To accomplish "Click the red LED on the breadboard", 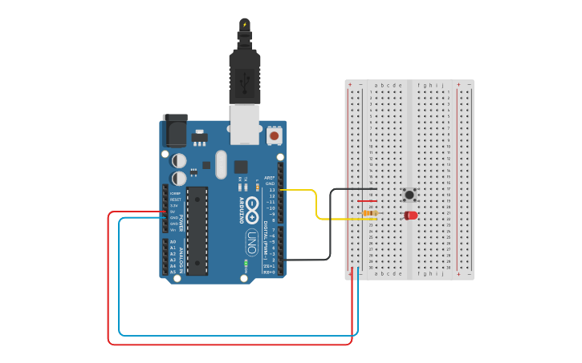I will [x=411, y=215].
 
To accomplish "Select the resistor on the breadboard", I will [x=369, y=213].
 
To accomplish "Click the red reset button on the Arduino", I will [x=275, y=135].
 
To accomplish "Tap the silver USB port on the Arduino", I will [x=245, y=124].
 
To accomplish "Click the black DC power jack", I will [x=175, y=130].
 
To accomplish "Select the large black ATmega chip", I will [x=197, y=231].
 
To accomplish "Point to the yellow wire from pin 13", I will [x=317, y=204].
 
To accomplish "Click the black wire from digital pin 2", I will [x=330, y=232].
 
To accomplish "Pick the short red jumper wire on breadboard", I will [x=367, y=201].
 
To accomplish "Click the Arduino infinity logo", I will [x=252, y=208].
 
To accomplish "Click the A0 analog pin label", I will [x=173, y=242].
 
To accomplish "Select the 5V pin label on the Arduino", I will [x=173, y=212].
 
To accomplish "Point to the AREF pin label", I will [x=270, y=178].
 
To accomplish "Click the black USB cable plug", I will [x=244, y=76].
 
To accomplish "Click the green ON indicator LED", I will [x=245, y=263].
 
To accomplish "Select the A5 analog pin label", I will [x=173, y=272].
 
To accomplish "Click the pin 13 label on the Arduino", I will [x=271, y=190].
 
